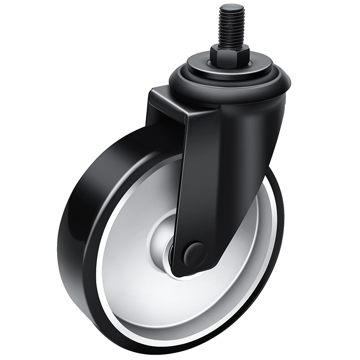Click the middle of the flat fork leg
(x=202, y=180)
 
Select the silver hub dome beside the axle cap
(x=165, y=234)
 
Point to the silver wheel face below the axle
(x=180, y=306)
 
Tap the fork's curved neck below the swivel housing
(x=238, y=121)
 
